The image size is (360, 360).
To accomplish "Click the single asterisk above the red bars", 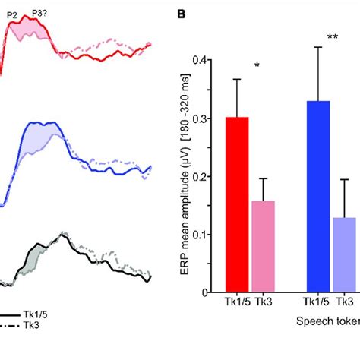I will click(x=257, y=66).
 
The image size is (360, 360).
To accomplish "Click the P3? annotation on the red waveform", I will click(x=41, y=13).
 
